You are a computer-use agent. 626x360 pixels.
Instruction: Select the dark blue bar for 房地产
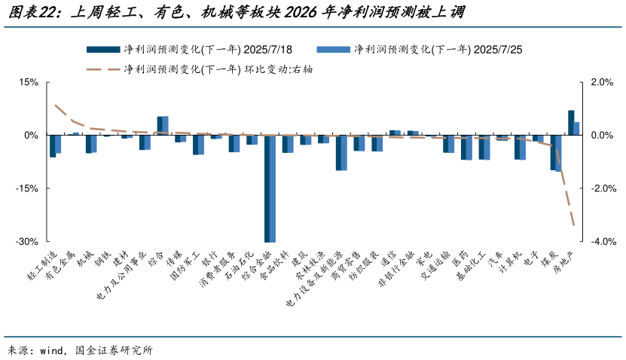571,123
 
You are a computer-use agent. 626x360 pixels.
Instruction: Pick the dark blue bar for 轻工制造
52,146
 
